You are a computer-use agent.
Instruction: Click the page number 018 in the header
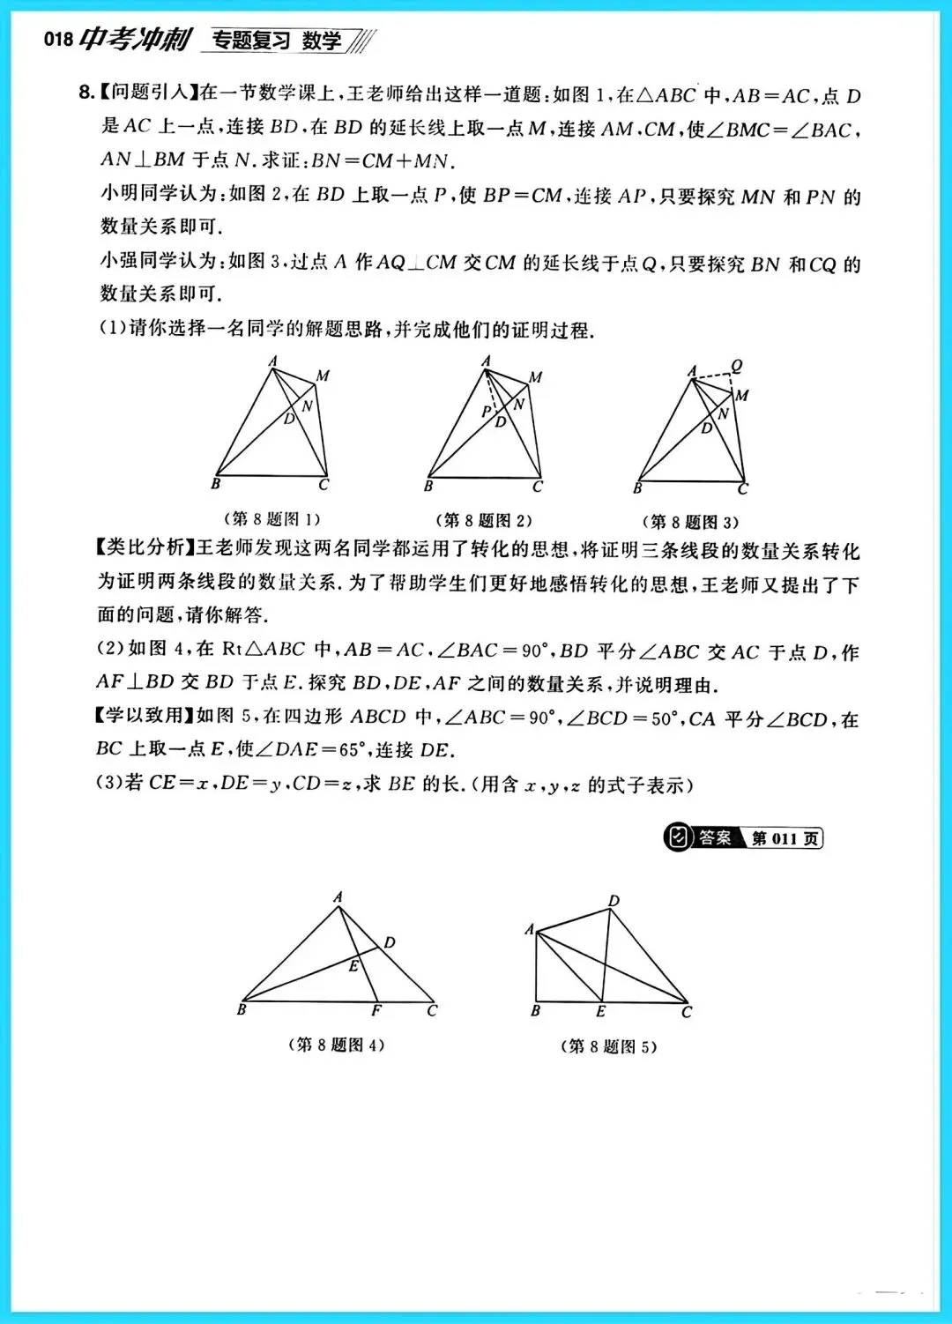pyautogui.click(x=58, y=40)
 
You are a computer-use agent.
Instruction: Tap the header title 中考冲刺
pyautogui.click(x=135, y=39)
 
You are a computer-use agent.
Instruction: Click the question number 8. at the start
pyautogui.click(x=86, y=93)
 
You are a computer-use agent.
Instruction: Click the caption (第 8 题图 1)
pyautogui.click(x=271, y=519)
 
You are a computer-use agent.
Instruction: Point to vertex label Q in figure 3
pyautogui.click(x=737, y=365)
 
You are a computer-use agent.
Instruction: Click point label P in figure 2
pyautogui.click(x=486, y=412)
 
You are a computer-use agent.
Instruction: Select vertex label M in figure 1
pyautogui.click(x=323, y=376)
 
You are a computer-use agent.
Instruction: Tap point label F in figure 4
pyautogui.click(x=376, y=1010)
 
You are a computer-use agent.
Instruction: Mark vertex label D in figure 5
pyautogui.click(x=614, y=900)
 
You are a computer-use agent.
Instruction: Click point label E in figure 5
pyautogui.click(x=601, y=1011)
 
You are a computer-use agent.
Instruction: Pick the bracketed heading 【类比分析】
pyautogui.click(x=145, y=548)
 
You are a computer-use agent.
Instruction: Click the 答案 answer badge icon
pyautogui.click(x=678, y=837)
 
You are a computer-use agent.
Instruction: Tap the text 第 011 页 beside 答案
pyautogui.click(x=785, y=838)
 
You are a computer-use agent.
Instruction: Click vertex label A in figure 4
pyautogui.click(x=338, y=896)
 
